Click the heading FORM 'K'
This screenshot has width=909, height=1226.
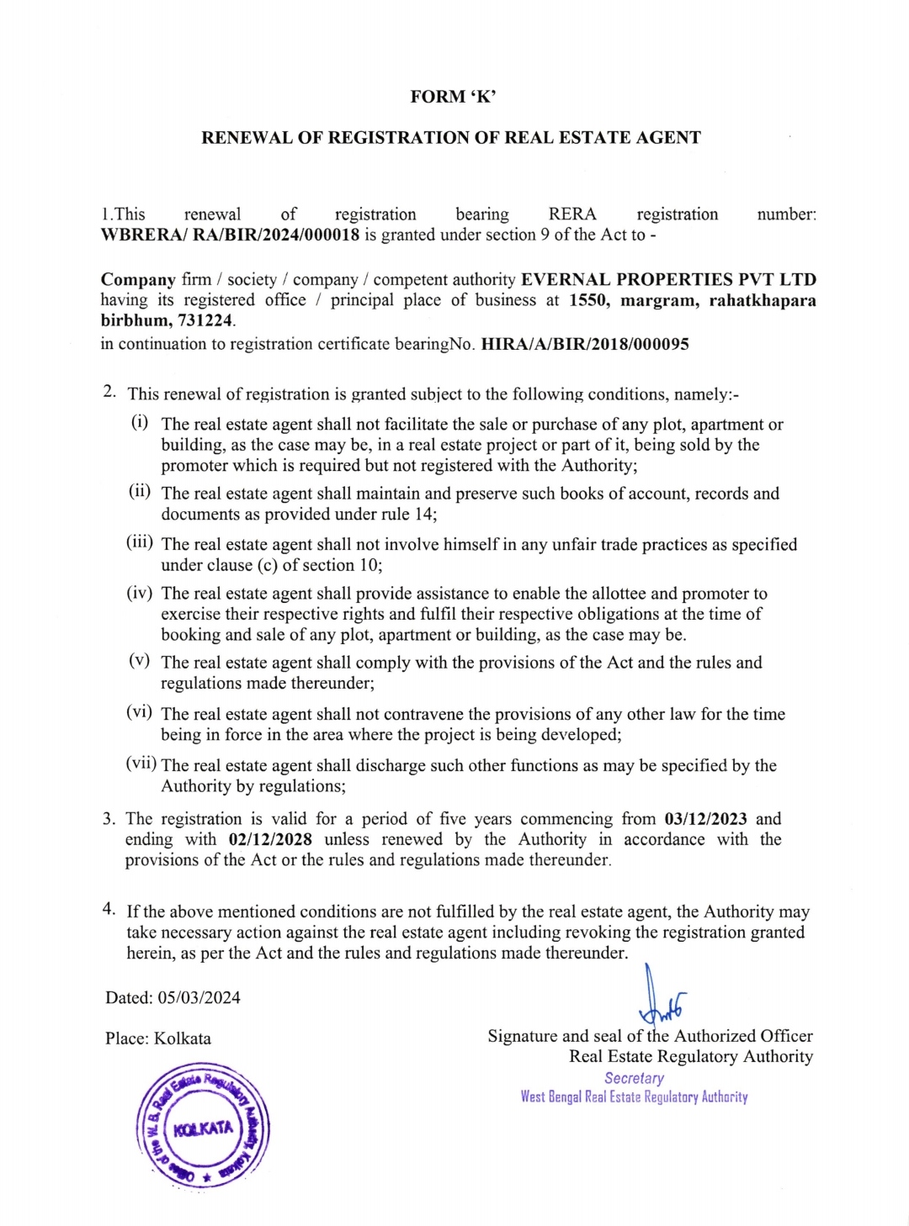453,97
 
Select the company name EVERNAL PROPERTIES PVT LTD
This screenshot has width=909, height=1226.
668,280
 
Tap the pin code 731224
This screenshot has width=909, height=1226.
206,320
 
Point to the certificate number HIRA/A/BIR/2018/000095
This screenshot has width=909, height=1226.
584,344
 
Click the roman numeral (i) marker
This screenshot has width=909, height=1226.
140,421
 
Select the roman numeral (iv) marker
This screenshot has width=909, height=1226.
140,593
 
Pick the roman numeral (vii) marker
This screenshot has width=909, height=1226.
141,764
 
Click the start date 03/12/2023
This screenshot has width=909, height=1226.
705,819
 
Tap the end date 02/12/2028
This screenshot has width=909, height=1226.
270,839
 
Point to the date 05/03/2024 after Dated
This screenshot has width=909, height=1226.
199,998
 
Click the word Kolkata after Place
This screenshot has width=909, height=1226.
183,1038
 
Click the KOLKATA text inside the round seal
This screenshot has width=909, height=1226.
203,1128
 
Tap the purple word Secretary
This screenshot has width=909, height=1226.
634,1078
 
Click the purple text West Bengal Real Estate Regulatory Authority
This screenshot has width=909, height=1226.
634,1097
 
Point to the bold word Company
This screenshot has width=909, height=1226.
138,280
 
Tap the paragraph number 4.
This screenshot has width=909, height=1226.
109,908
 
